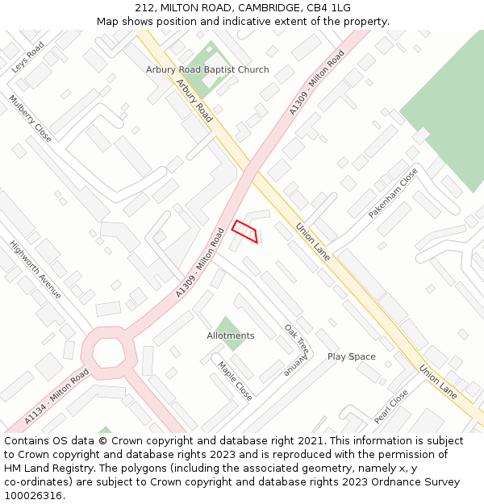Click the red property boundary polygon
tap(246, 231)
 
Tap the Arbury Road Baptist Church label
tap(207, 70)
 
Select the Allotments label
tap(230, 335)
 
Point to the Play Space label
tap(351, 356)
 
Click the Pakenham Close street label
tap(394, 194)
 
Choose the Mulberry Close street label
tap(30, 119)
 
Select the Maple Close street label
tap(235, 381)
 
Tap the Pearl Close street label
tap(391, 407)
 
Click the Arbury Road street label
tap(194, 101)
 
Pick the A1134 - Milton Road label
tap(56, 397)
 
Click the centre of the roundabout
tap(106, 352)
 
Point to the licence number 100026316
tap(33, 495)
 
